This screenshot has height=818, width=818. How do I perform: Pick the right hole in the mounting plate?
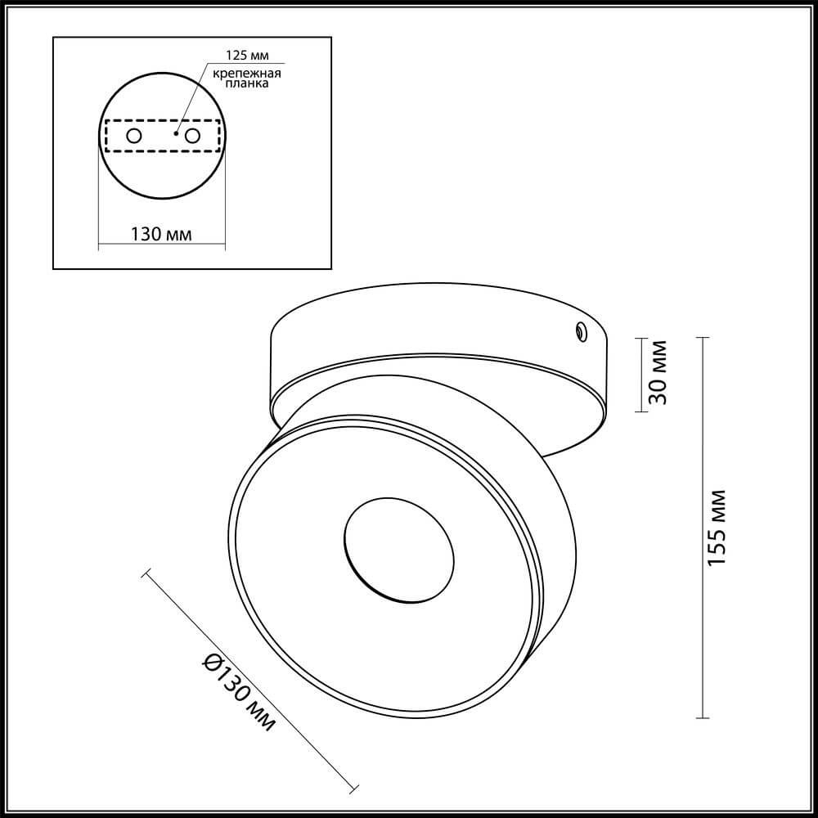click(x=193, y=136)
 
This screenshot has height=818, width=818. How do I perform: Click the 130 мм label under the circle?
click(x=161, y=235)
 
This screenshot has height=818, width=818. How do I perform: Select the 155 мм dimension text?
click(x=716, y=528)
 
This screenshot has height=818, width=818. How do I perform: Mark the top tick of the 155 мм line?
click(x=704, y=338)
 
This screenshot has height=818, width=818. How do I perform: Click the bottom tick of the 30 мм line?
click(x=642, y=411)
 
